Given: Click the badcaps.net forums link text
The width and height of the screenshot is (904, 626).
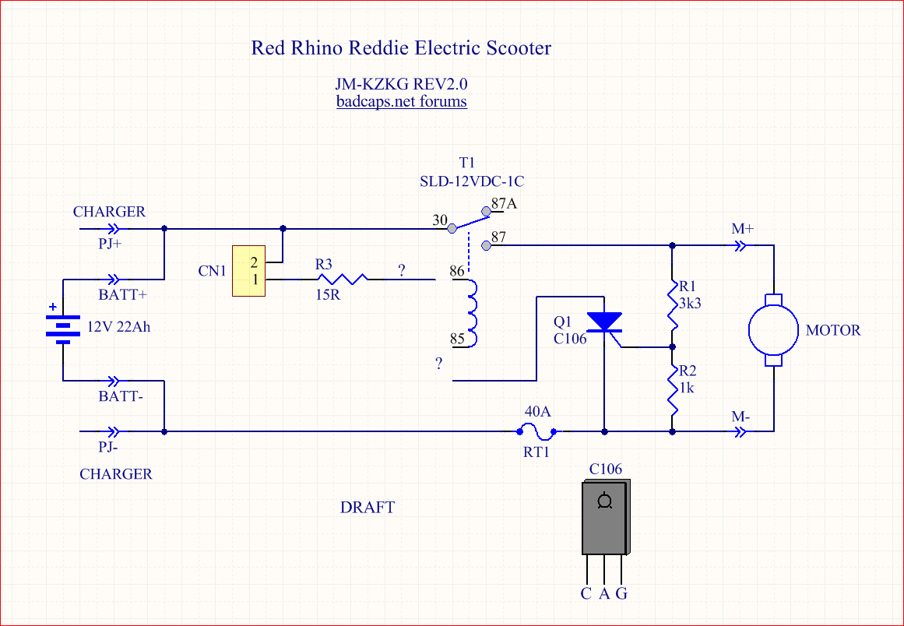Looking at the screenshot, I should [401, 101].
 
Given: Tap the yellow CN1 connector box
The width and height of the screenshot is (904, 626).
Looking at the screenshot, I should [249, 270].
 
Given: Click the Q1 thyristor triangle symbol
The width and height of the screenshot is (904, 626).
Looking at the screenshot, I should [604, 321].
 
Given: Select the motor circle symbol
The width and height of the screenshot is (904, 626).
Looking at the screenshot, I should [772, 329].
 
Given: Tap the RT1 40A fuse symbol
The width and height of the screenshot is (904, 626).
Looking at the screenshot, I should [536, 431].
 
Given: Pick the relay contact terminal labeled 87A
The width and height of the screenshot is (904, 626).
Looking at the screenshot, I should [487, 210].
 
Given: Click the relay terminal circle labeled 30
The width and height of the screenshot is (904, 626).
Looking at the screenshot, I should [452, 229].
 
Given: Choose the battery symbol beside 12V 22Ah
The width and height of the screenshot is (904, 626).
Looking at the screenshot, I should [63, 328].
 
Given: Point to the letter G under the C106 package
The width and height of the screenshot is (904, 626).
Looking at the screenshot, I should [621, 594].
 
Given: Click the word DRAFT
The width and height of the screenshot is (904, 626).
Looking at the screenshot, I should [368, 508].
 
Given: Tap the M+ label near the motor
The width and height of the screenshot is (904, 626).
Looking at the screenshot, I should [741, 229].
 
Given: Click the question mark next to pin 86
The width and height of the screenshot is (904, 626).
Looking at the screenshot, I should [401, 271].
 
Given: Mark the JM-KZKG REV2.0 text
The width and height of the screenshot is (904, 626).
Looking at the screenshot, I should [401, 84].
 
